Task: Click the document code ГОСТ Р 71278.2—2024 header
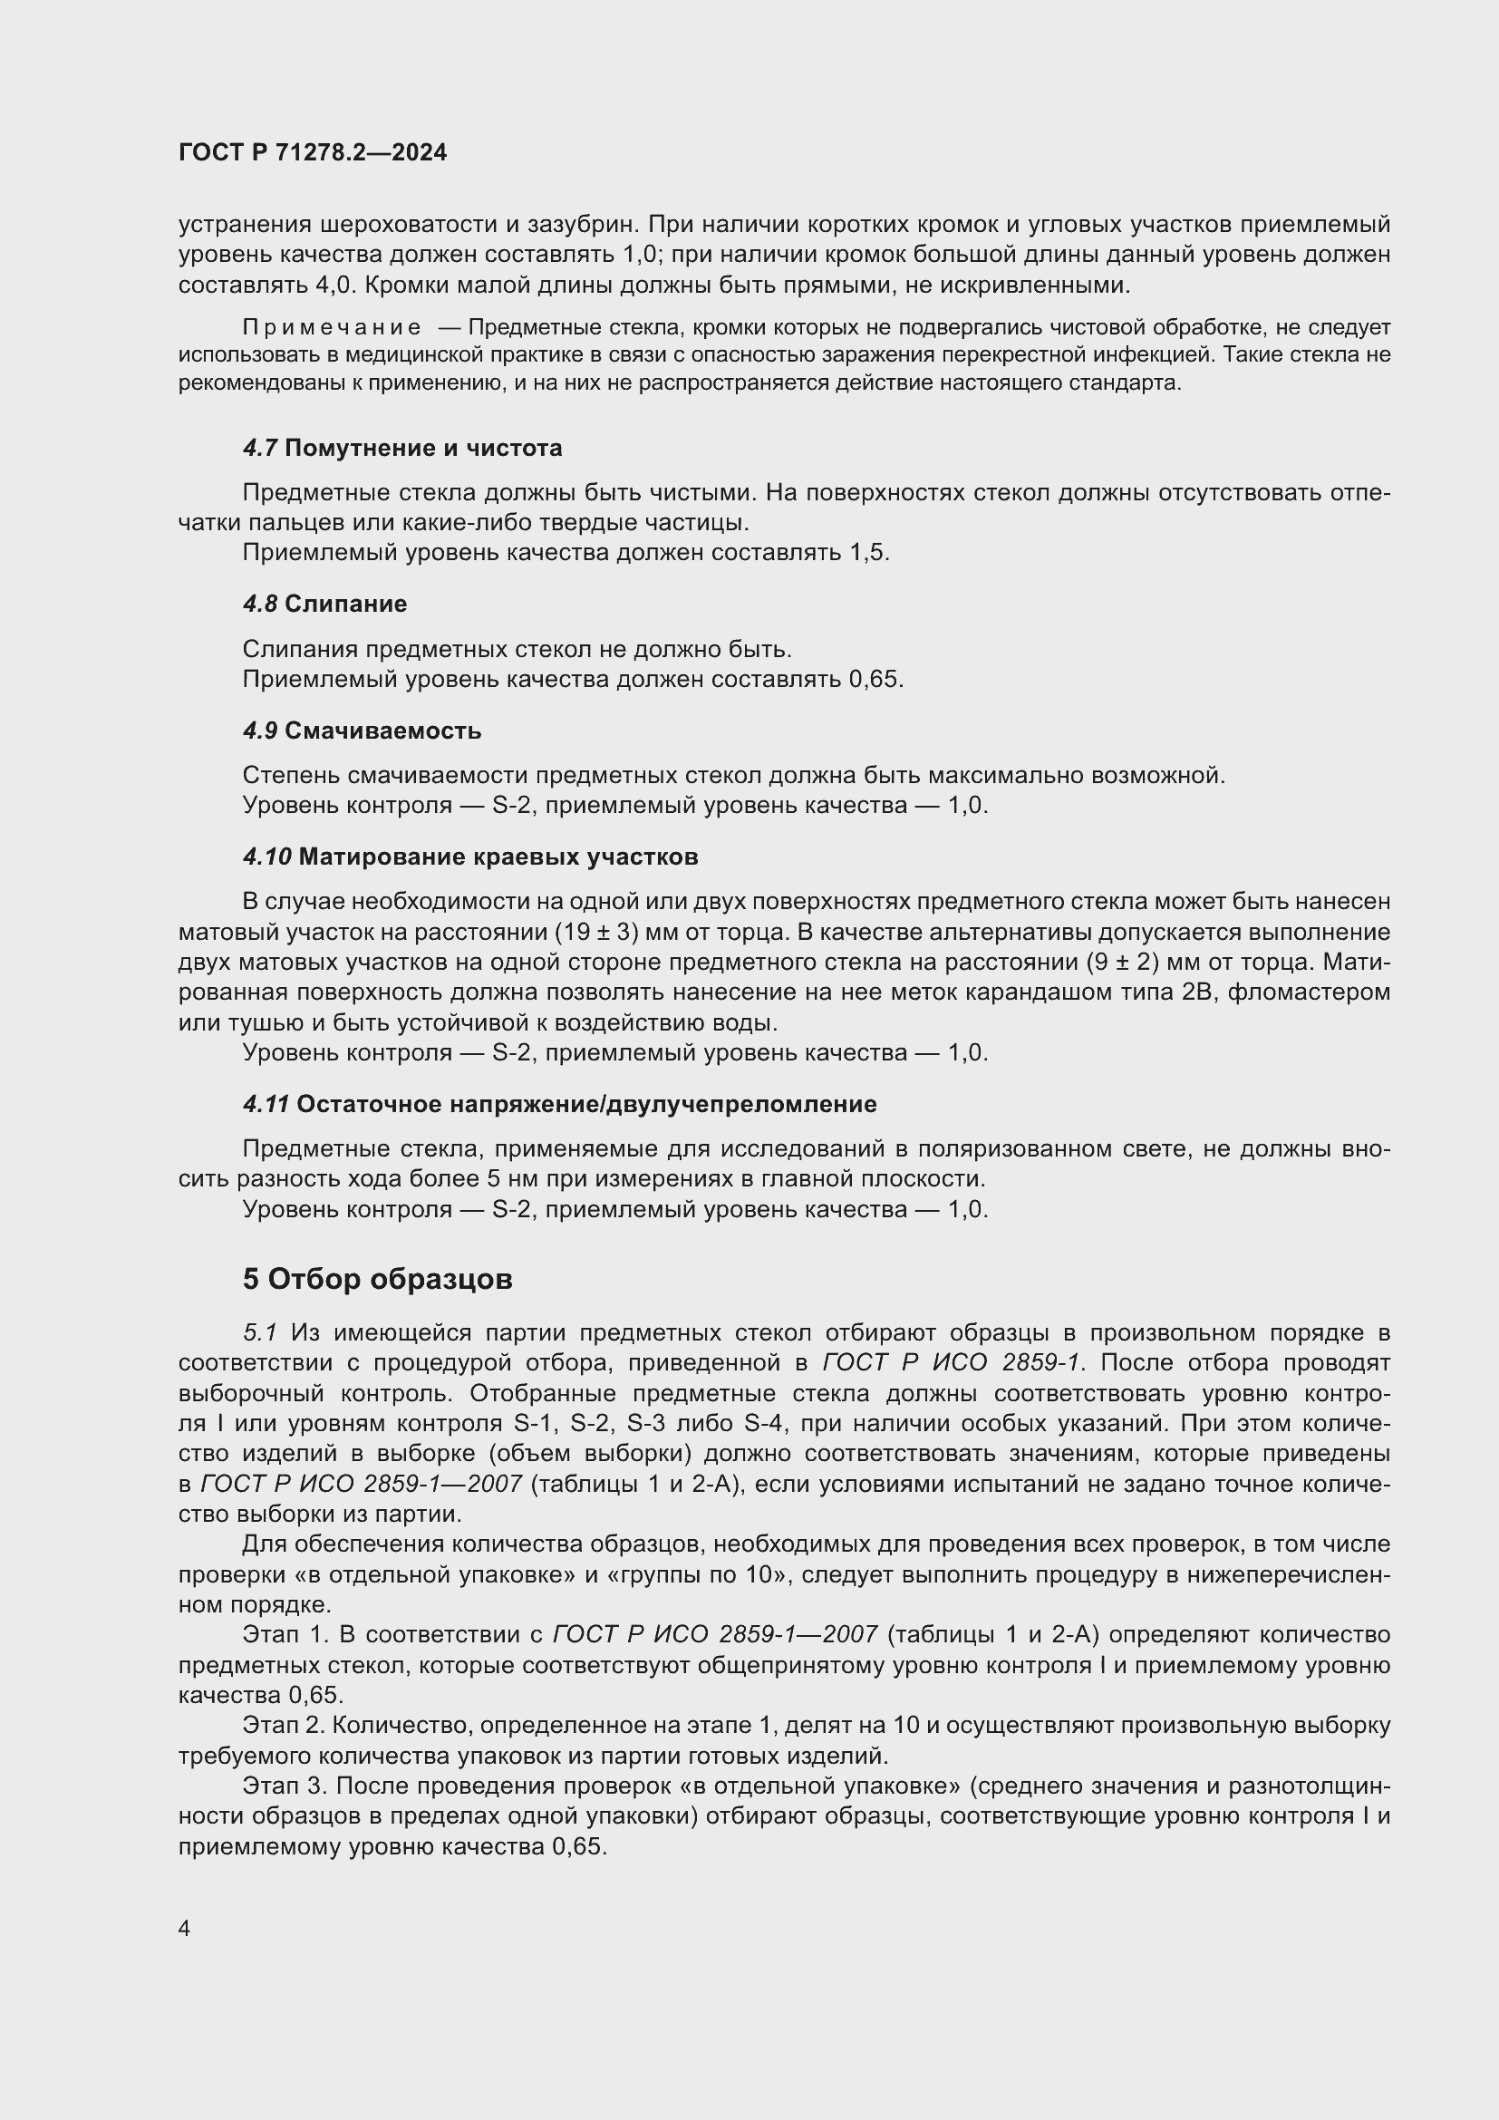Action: coord(312,152)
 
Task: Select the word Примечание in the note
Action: coord(333,327)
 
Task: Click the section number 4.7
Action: coord(260,449)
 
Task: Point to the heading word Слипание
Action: coord(345,604)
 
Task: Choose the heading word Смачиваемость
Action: coord(382,731)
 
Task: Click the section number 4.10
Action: coord(266,857)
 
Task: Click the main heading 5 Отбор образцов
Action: coord(378,1279)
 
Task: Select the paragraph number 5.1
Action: coord(260,1333)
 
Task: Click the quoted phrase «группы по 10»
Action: coord(699,1574)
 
